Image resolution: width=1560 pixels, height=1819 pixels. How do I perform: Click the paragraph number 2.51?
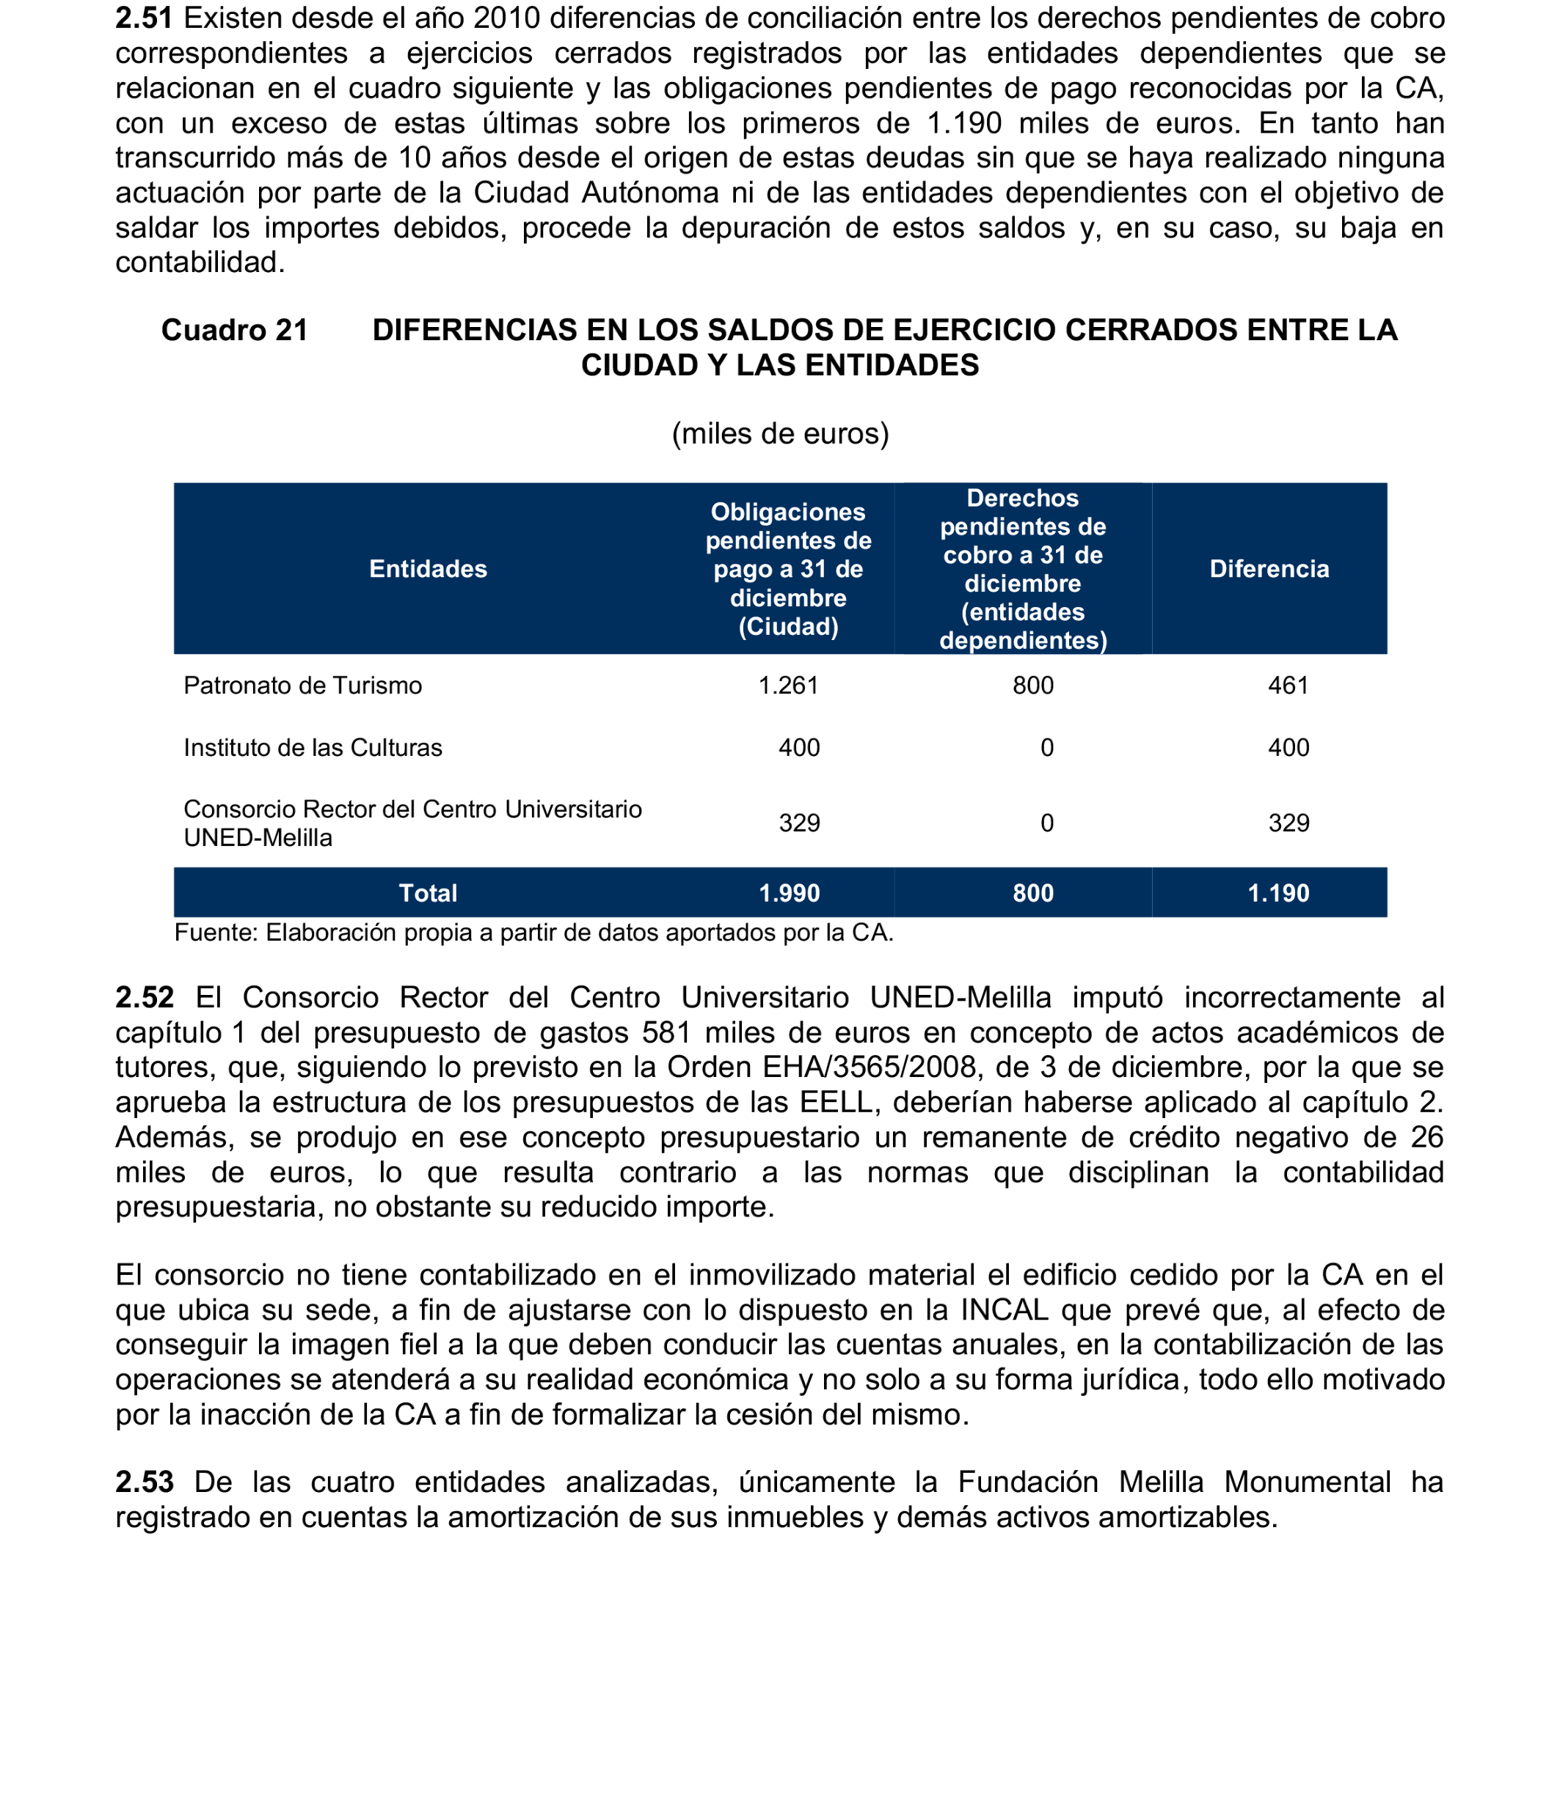[144, 18]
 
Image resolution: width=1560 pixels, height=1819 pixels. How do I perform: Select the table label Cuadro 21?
[235, 330]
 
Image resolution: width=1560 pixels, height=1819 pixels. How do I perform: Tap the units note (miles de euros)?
[780, 434]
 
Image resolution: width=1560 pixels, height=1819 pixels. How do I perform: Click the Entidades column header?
[428, 569]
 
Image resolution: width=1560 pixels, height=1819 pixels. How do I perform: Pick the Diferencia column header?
[1269, 569]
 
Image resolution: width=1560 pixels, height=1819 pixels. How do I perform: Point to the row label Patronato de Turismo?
[302, 686]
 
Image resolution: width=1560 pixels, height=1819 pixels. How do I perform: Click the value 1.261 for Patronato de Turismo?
[788, 686]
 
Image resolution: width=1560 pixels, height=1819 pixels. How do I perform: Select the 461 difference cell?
[1288, 686]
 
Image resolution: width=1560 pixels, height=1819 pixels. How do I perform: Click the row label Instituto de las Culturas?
[313, 748]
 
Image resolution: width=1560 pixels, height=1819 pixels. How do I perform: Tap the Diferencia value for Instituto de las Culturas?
[1288, 748]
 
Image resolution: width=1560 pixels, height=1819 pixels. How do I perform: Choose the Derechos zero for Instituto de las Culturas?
[1046, 748]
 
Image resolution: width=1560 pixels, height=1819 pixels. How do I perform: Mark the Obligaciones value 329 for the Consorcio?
[798, 823]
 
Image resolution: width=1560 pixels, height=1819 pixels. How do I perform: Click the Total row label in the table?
[428, 894]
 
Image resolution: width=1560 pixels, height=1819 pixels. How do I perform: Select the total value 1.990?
[789, 894]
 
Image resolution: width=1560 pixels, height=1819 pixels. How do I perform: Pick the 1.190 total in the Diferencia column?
[1278, 894]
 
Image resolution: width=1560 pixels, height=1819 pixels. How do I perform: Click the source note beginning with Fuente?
[533, 933]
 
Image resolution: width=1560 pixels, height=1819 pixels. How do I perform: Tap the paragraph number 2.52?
[145, 998]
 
